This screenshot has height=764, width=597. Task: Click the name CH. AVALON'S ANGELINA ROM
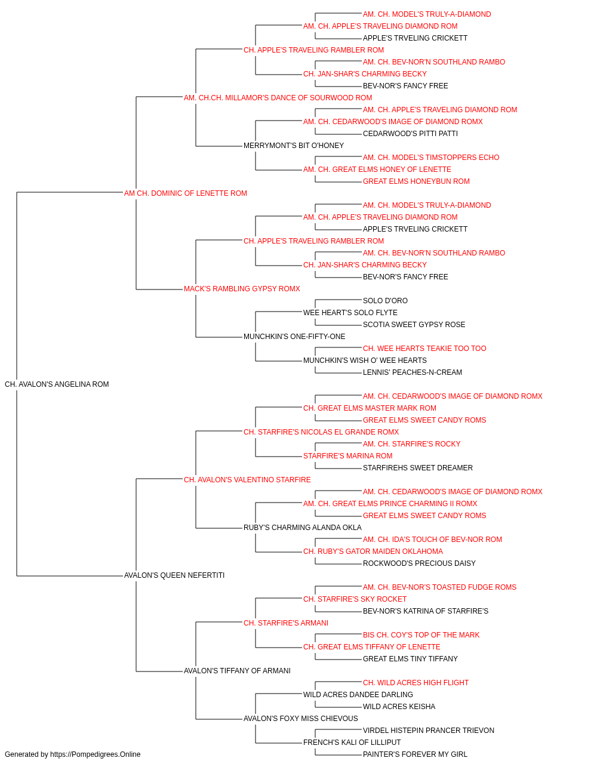[57, 384]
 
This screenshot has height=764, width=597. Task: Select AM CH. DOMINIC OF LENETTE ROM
[185, 193]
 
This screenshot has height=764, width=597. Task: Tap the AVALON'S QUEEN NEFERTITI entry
[174, 575]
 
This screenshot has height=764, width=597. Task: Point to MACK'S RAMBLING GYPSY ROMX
[242, 289]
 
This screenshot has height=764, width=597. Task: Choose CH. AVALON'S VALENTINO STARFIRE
[247, 479]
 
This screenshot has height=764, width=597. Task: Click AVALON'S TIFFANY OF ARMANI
[237, 670]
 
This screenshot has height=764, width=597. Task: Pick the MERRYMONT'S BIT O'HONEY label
[294, 146]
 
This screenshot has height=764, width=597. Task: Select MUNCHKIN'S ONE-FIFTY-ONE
[294, 337]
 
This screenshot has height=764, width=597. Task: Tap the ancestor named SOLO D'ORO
[385, 301]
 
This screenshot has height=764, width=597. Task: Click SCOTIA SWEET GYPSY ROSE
[414, 325]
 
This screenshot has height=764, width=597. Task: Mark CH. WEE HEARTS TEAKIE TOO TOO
[424, 349]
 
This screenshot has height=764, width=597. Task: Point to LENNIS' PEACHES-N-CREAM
[413, 372]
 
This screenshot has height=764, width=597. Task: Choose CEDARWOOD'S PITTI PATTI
[410, 134]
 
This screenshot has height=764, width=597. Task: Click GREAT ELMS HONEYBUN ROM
[416, 181]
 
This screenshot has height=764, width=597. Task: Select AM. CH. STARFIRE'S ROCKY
[411, 443]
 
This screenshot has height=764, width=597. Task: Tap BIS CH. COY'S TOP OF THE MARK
[421, 634]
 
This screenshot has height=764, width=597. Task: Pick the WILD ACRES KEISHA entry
[399, 706]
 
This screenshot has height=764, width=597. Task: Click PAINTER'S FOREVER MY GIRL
[415, 754]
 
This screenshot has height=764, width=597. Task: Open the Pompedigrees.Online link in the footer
[95, 754]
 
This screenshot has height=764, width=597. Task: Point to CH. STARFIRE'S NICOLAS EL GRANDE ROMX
[321, 432]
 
